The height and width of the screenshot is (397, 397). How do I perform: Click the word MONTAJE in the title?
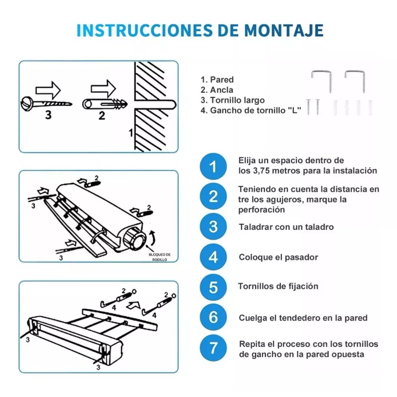284,30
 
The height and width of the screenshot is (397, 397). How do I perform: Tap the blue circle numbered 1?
213,166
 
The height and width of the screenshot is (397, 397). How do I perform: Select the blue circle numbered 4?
213,257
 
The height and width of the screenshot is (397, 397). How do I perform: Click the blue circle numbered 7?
213,348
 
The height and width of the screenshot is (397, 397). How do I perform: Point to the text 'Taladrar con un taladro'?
286,227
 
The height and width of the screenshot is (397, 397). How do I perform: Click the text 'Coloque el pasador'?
278,257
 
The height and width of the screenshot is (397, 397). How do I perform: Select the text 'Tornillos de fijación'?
278,286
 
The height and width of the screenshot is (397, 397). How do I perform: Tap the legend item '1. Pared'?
217,79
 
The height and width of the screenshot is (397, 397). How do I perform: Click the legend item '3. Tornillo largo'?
232,100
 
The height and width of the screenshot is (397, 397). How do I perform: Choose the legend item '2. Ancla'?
217,90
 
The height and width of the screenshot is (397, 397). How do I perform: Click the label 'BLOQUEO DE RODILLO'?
160,257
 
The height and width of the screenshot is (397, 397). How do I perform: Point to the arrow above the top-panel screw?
48,89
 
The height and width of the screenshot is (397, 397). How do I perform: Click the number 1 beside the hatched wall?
131,133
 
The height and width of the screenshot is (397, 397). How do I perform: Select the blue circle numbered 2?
213,197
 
